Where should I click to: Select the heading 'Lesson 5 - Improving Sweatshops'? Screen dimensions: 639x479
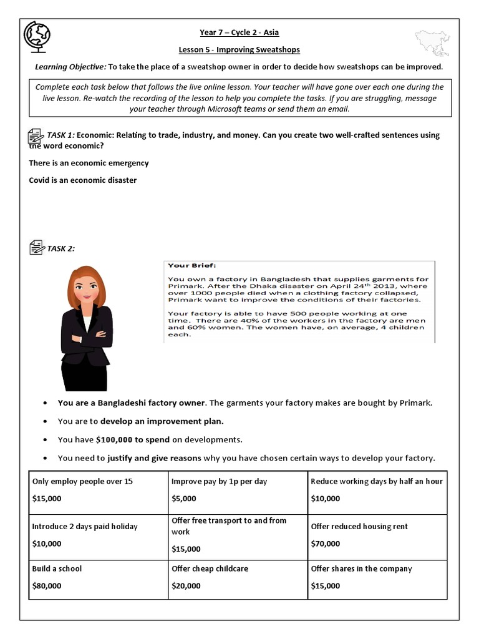pos(239,50)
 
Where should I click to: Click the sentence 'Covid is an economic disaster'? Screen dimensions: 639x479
pos(82,180)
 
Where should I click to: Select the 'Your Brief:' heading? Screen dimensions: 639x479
pos(188,265)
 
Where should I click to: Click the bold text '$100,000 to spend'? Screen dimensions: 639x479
pos(129,439)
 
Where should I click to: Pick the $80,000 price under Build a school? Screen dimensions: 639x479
pos(47,586)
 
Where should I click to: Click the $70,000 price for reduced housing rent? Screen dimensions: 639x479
pos(326,544)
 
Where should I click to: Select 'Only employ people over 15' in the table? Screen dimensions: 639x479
pos(82,481)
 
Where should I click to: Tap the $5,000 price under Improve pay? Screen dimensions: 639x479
pos(183,499)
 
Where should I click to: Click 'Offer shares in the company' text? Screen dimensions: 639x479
pos(361,568)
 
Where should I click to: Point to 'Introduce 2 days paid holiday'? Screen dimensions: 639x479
pos(85,526)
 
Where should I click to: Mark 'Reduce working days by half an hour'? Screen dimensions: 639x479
pos(376,481)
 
